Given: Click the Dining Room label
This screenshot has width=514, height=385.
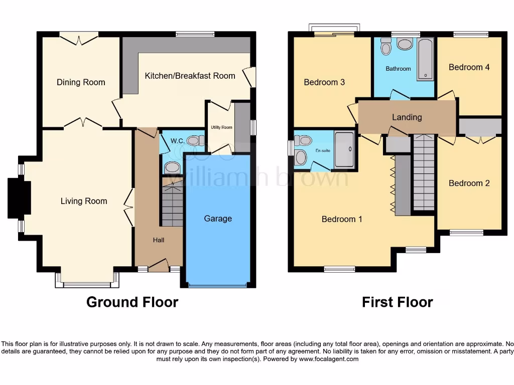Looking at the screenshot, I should tap(81, 82).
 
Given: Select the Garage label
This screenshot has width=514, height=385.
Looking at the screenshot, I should tap(218, 219).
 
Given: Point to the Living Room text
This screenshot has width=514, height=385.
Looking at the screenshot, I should tap(84, 201).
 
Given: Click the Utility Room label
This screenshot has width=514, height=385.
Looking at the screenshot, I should tap(221, 127).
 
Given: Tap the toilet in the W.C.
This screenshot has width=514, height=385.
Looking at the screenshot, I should tap(195, 141).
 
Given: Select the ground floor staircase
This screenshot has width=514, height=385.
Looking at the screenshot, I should tap(172, 204).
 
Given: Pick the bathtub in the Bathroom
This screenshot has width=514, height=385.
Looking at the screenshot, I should tap(425, 59).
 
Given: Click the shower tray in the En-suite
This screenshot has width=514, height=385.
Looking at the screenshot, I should tap(344, 149).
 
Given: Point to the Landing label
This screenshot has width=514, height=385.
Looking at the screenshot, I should tap(407, 117).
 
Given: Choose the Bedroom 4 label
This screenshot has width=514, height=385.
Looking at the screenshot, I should tap(469, 67).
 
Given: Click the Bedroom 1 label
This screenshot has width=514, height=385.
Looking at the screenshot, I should tap(342, 219).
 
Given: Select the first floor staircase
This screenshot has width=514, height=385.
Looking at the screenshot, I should tap(424, 173).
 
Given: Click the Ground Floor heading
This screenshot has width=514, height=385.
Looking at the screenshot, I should tap(132, 302).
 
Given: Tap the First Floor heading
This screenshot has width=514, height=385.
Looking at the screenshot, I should tap(397, 302).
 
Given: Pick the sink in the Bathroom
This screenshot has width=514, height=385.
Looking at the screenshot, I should tap(405, 45).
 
